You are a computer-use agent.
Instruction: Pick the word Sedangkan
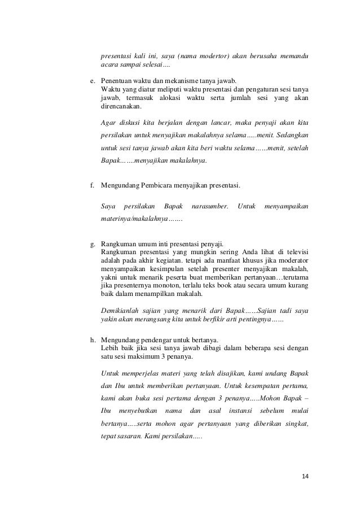[290, 136]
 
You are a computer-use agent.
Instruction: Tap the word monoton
[157, 286]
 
